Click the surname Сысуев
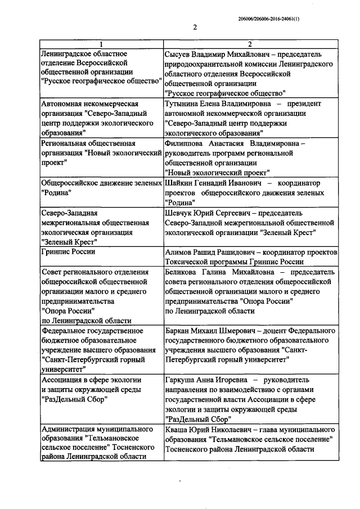click(x=179, y=54)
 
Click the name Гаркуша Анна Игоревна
click(x=204, y=380)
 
